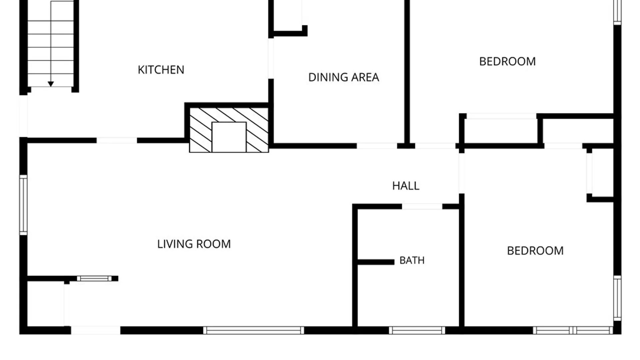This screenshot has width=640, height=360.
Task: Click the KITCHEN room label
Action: tap(161, 70)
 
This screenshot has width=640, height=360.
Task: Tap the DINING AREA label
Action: tap(344, 77)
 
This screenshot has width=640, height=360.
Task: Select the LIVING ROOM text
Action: tap(194, 244)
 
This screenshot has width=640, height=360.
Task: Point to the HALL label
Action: tap(406, 186)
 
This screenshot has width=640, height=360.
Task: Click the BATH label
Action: tap(412, 260)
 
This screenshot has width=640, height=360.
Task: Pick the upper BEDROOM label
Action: tap(507, 61)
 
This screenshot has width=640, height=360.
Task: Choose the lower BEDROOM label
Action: tap(535, 251)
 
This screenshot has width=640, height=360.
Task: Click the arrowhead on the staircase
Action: tap(51, 84)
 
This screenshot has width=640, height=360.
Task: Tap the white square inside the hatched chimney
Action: tap(229, 137)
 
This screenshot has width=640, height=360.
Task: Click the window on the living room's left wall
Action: tap(23, 205)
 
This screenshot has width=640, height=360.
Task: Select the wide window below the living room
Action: tap(254, 330)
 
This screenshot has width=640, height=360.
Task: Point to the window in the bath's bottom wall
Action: tap(417, 330)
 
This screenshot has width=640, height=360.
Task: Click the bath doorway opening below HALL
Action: tap(422, 207)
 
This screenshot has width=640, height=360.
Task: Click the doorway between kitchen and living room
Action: tap(117, 141)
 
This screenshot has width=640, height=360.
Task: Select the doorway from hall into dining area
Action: tap(377, 146)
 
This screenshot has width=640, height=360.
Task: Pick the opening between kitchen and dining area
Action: tap(271, 58)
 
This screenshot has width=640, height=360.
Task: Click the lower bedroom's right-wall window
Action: tap(617, 298)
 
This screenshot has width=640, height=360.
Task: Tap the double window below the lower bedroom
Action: tap(573, 330)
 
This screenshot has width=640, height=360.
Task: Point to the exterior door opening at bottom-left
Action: tap(96, 330)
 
